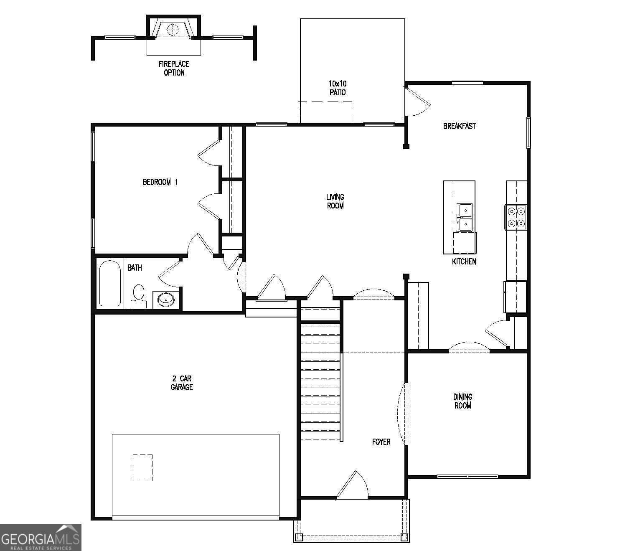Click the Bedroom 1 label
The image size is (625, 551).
(160, 182)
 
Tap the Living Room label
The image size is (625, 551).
(335, 201)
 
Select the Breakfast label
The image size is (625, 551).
(459, 126)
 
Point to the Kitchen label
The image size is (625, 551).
(464, 262)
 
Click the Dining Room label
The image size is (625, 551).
(462, 401)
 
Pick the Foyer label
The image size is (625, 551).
(381, 442)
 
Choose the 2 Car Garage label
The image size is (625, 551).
(182, 383)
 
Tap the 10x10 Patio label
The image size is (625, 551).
(337, 88)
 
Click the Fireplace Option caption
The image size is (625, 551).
(174, 68)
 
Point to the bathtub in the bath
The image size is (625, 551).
(110, 283)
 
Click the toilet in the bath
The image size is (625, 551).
(139, 295)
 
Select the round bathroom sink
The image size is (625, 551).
(166, 299)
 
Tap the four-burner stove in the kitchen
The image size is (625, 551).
(516, 217)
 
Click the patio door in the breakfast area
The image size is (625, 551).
(416, 102)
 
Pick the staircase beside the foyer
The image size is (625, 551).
(320, 380)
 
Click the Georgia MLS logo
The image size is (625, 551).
(41, 537)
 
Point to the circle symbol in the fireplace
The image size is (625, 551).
(172, 30)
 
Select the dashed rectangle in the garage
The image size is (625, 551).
(142, 467)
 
